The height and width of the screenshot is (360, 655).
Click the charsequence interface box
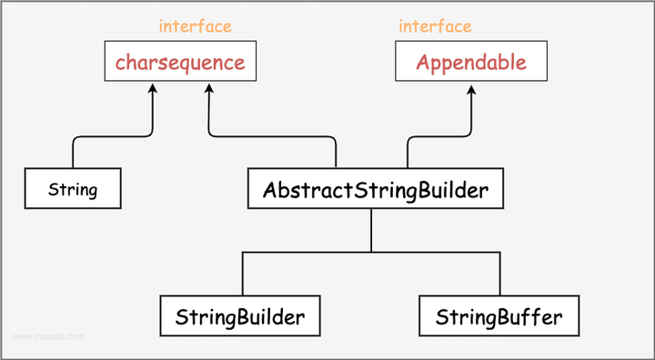coord(179,63)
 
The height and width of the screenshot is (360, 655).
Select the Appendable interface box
coord(471,63)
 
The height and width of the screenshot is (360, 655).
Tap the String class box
coord(73,191)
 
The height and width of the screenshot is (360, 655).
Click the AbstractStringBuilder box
coord(376,191)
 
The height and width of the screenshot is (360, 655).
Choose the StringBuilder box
coord(241,318)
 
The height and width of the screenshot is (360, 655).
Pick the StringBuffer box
coord(499,318)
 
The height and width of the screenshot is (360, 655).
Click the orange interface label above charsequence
coord(195,26)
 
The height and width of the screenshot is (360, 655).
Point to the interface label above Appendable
coord(435,26)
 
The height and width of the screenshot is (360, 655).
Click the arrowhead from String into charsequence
coord(152,87)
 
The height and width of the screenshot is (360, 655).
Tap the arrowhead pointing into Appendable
coord(471,87)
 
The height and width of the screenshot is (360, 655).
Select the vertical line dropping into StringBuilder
coord(242,275)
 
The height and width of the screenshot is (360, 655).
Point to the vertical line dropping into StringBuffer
coord(499,275)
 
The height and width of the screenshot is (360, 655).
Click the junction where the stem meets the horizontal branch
coord(371,252)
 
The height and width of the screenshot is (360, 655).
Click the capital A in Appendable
coord(423,63)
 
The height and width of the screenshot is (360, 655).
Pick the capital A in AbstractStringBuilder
coord(270,191)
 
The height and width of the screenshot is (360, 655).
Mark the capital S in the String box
coord(53,191)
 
